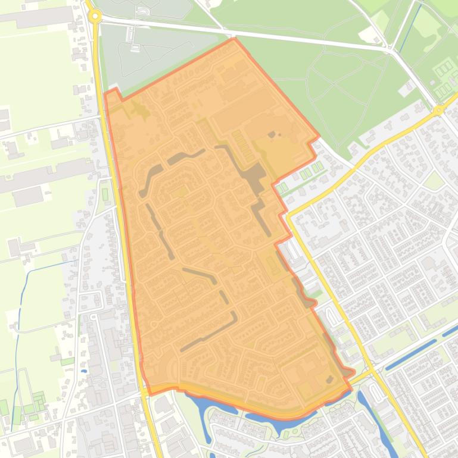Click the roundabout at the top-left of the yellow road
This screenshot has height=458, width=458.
click(x=95, y=17)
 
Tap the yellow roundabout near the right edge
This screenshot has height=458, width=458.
click(x=438, y=110)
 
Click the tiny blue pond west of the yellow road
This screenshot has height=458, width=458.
click(x=84, y=371)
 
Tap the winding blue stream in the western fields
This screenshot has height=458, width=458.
click(x=21, y=309)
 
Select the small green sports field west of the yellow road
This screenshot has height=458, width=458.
click(x=105, y=195)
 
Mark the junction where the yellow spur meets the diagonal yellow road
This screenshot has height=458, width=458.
click(x=289, y=216)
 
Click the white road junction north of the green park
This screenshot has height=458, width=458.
click(x=394, y=52)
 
